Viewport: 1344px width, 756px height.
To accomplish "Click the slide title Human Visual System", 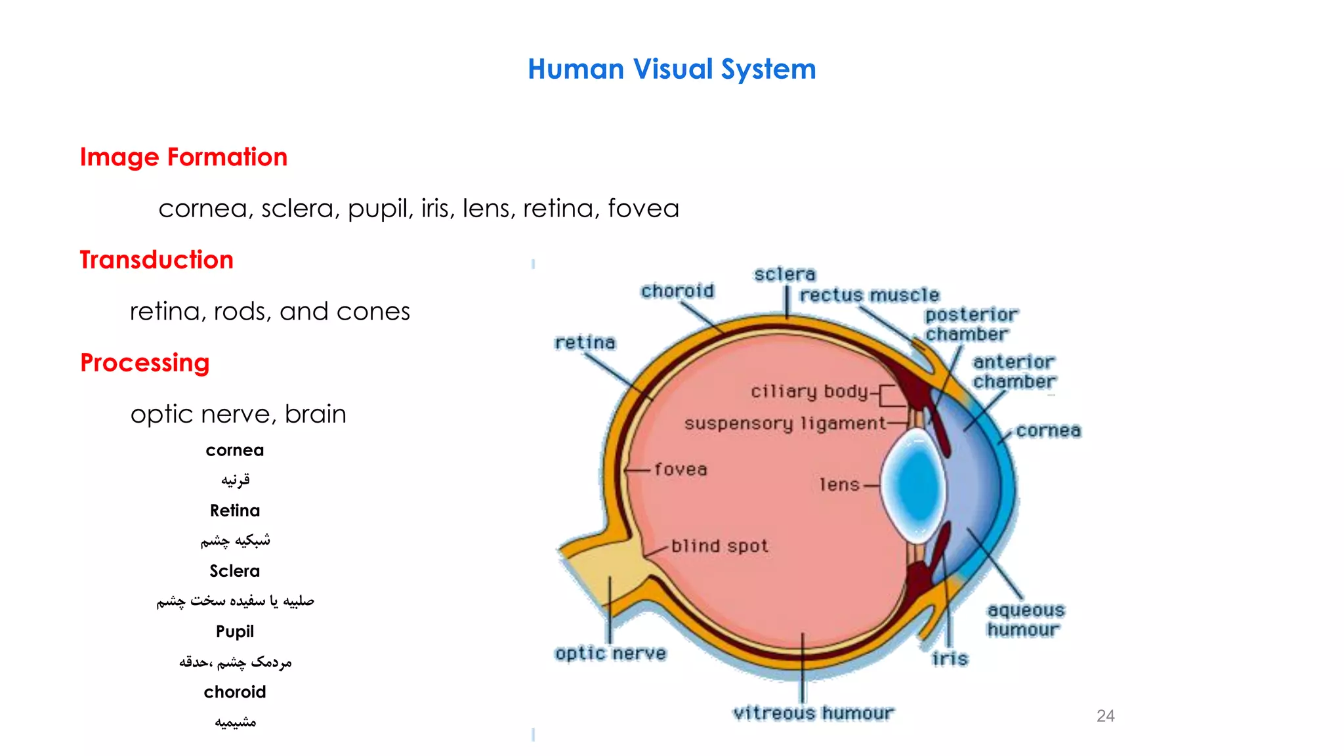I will (x=671, y=70).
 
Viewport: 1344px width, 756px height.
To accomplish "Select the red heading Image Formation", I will (x=184, y=157).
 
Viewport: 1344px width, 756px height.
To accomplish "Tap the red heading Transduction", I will (x=156, y=260).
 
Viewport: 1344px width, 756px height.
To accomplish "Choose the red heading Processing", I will (x=144, y=363).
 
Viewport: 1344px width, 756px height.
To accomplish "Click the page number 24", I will (x=1105, y=716).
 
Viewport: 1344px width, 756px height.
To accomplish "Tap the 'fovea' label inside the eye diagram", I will (x=681, y=470).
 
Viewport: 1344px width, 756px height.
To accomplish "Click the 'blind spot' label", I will (x=719, y=546).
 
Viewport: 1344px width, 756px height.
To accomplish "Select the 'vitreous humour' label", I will (x=813, y=713).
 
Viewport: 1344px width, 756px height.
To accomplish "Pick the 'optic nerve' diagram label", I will (x=610, y=654).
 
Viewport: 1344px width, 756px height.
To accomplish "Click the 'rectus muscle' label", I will (x=869, y=295).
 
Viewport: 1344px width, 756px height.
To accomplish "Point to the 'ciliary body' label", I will (x=809, y=392).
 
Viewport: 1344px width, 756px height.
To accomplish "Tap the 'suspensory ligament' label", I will (x=785, y=424).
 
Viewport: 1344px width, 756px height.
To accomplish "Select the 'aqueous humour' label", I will (x=1025, y=620).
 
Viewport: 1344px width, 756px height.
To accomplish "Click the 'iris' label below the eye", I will (x=950, y=659).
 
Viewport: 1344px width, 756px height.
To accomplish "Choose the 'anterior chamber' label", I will (x=1014, y=372).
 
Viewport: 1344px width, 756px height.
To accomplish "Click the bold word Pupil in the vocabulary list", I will (x=235, y=632).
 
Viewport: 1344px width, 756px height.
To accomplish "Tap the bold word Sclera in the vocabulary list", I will (x=235, y=572).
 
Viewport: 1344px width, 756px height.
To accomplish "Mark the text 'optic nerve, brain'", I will (x=238, y=415).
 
